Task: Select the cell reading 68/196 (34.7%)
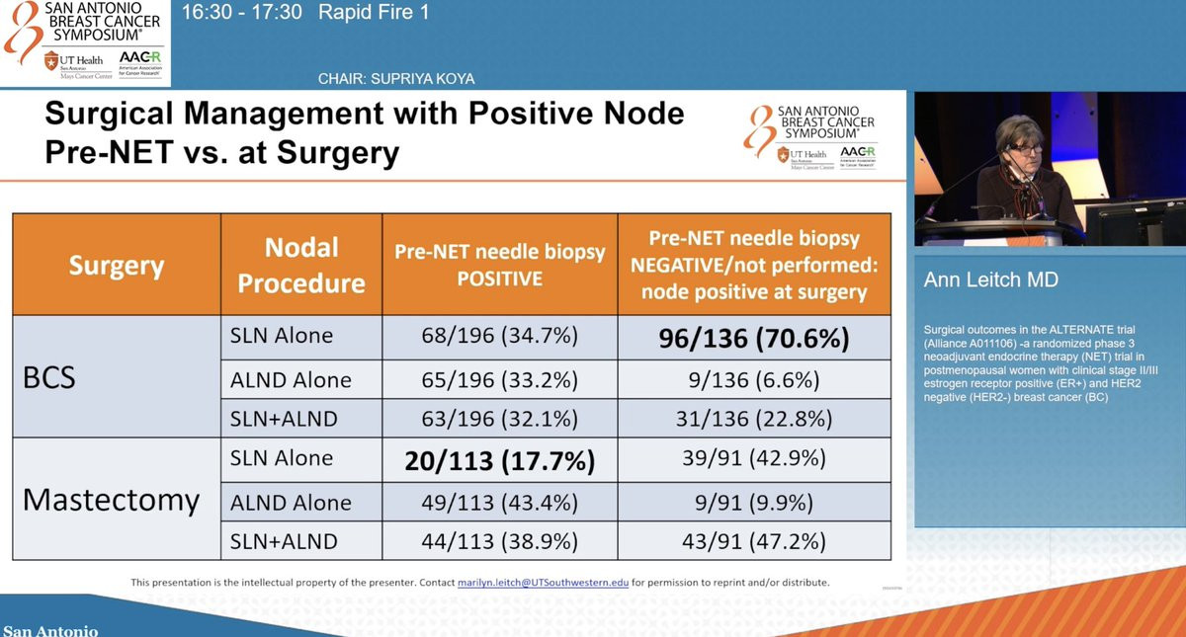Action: [x=499, y=337]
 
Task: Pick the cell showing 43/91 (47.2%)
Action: [x=754, y=541]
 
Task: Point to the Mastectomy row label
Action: [x=111, y=500]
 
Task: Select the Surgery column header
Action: [x=116, y=266]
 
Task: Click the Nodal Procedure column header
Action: [x=301, y=265]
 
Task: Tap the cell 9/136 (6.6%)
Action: [x=754, y=378]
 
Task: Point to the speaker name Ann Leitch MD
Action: [x=991, y=280]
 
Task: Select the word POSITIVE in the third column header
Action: [x=499, y=279]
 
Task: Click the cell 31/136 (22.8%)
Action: [x=754, y=419]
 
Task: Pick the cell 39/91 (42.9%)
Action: [x=754, y=459]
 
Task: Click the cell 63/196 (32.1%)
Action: [x=499, y=419]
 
